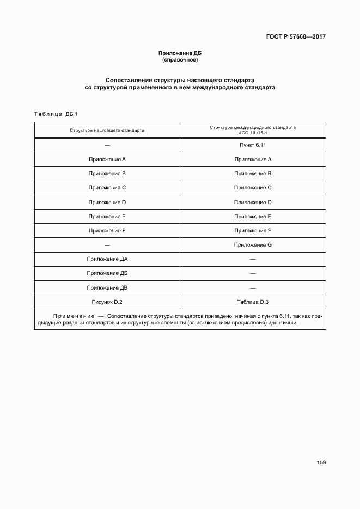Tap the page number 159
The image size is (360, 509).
[x=321, y=463]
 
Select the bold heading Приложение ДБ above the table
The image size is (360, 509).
[x=180, y=53]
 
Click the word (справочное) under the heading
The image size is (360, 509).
[x=180, y=60]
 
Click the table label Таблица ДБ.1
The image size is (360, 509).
[x=57, y=114]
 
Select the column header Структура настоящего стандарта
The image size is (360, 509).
[x=107, y=131]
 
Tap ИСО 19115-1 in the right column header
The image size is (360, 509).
[x=253, y=133]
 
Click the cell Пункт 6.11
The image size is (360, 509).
[x=253, y=145]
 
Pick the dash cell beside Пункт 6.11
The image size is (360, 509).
[x=107, y=145]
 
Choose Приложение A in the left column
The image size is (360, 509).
[x=107, y=160]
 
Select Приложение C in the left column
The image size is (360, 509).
[x=107, y=188]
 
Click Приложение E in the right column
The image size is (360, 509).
[x=253, y=217]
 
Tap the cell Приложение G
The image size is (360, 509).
[x=253, y=245]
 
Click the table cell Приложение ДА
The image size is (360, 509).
[x=107, y=259]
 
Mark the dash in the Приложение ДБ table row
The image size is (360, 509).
[x=253, y=273]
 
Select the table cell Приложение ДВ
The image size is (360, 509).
[x=107, y=287]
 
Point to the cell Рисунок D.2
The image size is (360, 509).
[x=107, y=302]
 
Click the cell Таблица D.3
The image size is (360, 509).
[x=253, y=302]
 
